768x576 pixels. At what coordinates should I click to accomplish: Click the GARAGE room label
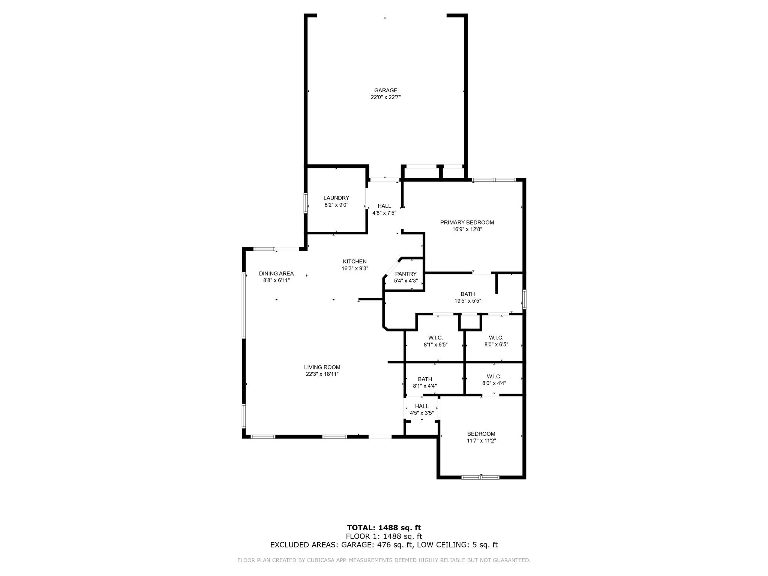coord(385,90)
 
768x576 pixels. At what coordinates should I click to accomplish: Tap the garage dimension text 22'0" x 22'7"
coord(385,97)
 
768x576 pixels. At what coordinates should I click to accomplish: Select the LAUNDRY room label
coord(336,198)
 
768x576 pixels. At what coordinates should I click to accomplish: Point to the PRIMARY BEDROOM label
coord(467,222)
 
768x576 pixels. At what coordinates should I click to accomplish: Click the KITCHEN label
coord(355,261)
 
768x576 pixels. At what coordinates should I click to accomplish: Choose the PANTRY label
coord(406,274)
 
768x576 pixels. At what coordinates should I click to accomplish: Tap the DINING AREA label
coord(276,273)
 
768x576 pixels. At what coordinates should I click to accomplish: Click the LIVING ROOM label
coord(322,367)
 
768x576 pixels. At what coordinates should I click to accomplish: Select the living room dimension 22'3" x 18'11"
coord(322,374)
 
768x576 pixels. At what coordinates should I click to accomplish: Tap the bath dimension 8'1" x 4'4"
coord(425,386)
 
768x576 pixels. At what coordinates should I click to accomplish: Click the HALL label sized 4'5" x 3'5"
coord(422,406)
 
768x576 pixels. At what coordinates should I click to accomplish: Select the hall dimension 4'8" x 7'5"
coord(384,213)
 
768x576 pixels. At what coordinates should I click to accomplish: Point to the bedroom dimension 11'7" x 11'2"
coord(481,441)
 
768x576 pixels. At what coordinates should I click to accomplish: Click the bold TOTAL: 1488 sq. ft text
coord(384,528)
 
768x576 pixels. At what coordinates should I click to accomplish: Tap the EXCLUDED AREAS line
coord(384,545)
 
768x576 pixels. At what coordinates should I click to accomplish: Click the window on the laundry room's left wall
coord(306,203)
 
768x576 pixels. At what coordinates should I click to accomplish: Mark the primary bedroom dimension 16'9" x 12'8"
coord(467,229)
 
